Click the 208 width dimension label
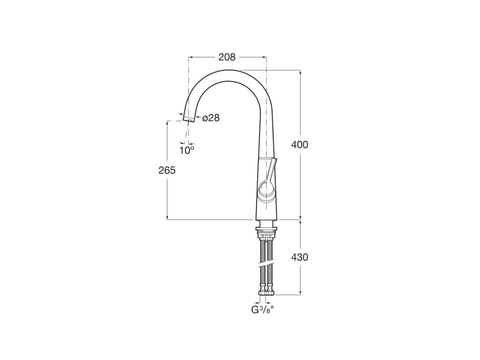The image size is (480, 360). [227, 57]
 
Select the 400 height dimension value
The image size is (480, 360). [300, 145]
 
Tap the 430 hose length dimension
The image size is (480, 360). [300, 257]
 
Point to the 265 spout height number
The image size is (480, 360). [167, 170]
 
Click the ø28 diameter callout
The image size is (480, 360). [211, 118]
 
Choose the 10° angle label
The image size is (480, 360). [187, 150]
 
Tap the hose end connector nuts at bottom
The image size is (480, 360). [266, 293]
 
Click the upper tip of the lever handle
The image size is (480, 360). [274, 161]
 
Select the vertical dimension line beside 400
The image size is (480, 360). [300, 108]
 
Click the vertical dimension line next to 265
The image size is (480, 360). [167, 197]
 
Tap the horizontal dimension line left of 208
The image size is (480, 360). [202, 57]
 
